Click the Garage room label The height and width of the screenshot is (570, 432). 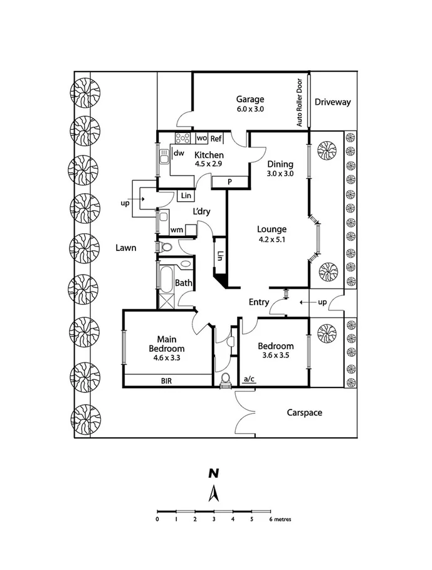click(250, 99)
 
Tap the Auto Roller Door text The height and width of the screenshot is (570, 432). click(300, 103)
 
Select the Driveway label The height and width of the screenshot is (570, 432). click(332, 102)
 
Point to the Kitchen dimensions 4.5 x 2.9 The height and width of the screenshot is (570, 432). click(209, 164)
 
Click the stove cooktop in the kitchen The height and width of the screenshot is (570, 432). click(183, 138)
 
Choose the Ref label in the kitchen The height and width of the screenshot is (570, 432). click(216, 139)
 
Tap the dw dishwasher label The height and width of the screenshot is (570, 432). click(179, 153)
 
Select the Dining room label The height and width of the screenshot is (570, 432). click(280, 164)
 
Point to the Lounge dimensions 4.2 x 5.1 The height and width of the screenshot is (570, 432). click(271, 239)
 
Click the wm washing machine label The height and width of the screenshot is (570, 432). click(176, 230)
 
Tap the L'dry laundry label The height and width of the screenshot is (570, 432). click(201, 212)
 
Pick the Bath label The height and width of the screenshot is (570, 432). click(183, 283)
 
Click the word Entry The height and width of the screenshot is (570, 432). click(259, 302)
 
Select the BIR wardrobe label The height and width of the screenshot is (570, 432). click(167, 380)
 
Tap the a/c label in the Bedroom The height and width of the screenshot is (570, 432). click(249, 378)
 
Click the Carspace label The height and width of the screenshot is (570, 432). click(305, 413)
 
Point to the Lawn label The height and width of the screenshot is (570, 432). click(125, 248)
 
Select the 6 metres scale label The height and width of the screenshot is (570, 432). click(280, 519)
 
